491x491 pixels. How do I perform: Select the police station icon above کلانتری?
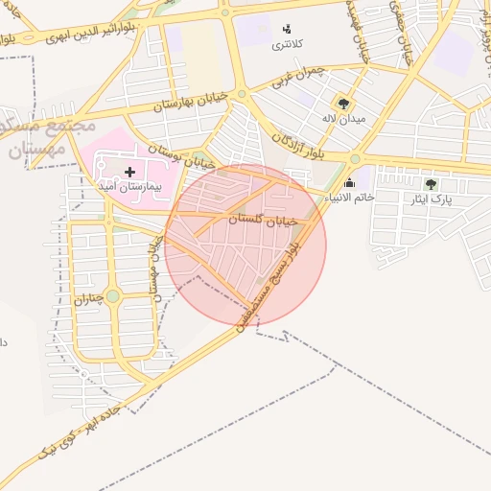(x=286, y=29)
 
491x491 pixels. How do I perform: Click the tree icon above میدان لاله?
(x=342, y=104)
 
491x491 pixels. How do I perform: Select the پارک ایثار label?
(x=429, y=199)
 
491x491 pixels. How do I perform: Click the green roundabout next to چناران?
(x=113, y=296)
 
